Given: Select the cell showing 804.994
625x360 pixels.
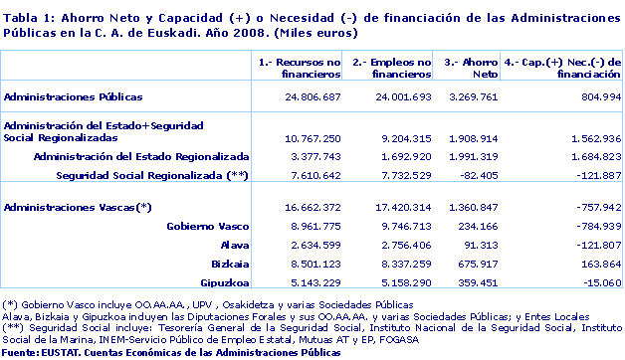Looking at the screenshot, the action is pyautogui.click(x=595, y=96).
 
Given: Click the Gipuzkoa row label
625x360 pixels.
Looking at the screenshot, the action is pyautogui.click(x=220, y=282).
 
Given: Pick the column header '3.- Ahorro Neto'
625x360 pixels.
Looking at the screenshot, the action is pyautogui.click(x=472, y=68).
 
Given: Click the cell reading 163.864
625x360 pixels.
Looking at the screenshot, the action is pyautogui.click(x=595, y=264).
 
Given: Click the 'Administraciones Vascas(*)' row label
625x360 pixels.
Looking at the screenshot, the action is pyautogui.click(x=78, y=207).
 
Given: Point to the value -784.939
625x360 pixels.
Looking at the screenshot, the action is pyautogui.click(x=593, y=226).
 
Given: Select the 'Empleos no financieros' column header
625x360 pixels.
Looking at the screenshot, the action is pyautogui.click(x=392, y=68).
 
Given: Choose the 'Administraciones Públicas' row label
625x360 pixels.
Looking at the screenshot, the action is pyautogui.click(x=74, y=96).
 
